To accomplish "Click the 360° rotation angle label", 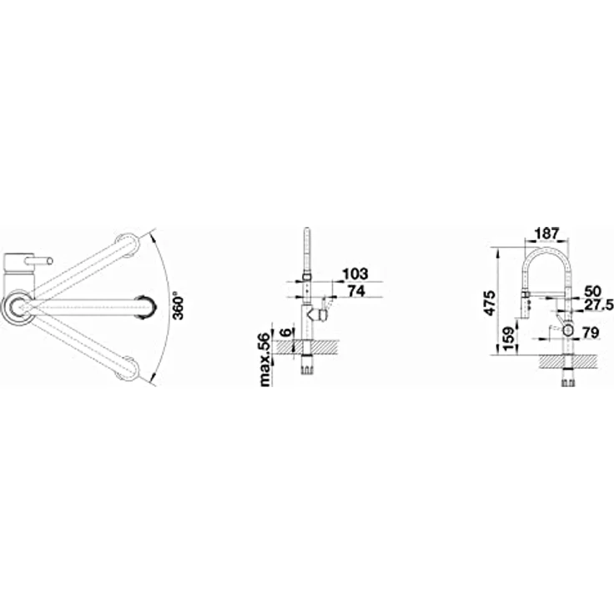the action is coord(179,305).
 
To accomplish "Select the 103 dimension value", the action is coord(355,274).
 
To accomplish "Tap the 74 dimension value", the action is coord(356,291).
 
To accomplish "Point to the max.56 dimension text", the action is coord(265,360).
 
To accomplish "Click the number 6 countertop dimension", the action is coord(287,333).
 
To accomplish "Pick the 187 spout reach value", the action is coord(546,234).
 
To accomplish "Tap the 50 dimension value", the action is coord(592,291).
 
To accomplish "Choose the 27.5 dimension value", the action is coord(599,305).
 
